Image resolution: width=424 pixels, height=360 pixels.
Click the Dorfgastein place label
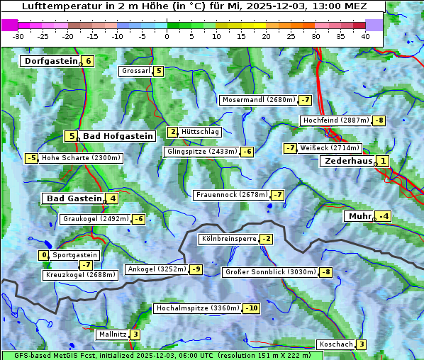pos(50,61)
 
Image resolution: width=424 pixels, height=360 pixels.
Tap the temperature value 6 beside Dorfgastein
pos(88,61)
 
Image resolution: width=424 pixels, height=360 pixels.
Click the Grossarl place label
pos(136,71)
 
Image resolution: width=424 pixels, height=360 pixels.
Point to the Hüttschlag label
pos(201,132)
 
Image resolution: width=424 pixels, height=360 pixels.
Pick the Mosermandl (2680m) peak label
pos(259,100)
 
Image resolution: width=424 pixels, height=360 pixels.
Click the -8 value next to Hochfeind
pos(379,120)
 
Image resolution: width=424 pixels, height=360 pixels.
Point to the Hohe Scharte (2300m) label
pos(81,158)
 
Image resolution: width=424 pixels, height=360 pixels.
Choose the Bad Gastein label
pos(74,198)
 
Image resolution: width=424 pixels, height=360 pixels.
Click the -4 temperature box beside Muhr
pos(384,216)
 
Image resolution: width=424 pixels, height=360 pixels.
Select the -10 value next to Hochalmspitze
pos(251,308)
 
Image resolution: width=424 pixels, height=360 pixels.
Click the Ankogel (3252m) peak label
pos(156,269)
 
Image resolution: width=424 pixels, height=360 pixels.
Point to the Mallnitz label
pos(112,334)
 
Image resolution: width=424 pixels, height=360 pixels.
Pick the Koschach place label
pos(336,344)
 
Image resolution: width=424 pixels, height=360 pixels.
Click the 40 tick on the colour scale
pos(365,35)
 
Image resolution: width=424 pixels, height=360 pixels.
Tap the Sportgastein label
pos(75,254)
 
